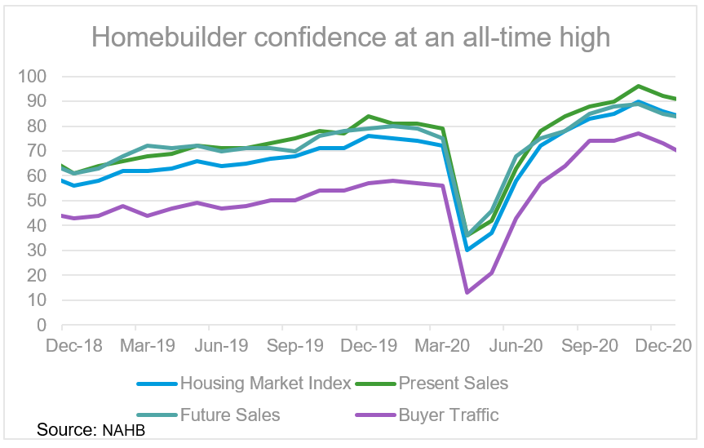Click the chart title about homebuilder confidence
click(351, 37)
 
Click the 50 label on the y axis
click(37, 201)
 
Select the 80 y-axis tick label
click(37, 126)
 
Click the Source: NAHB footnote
click(96, 431)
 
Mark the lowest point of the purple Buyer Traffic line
click(466, 292)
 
